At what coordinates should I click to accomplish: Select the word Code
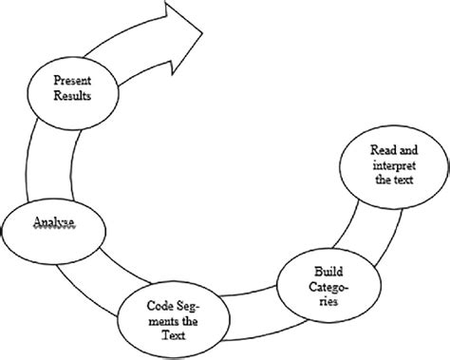[x=159, y=306]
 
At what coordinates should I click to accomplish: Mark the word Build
[x=321, y=261]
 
